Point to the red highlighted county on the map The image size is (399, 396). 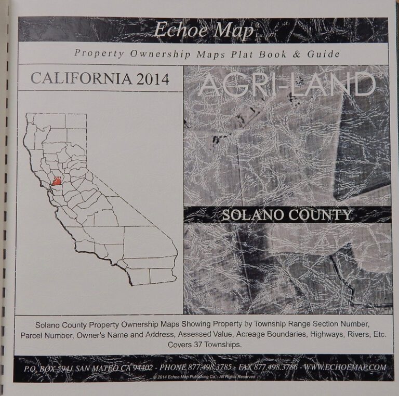(x=57, y=182)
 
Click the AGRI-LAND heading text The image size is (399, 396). (x=287, y=85)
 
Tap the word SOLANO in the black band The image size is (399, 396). (x=255, y=214)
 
